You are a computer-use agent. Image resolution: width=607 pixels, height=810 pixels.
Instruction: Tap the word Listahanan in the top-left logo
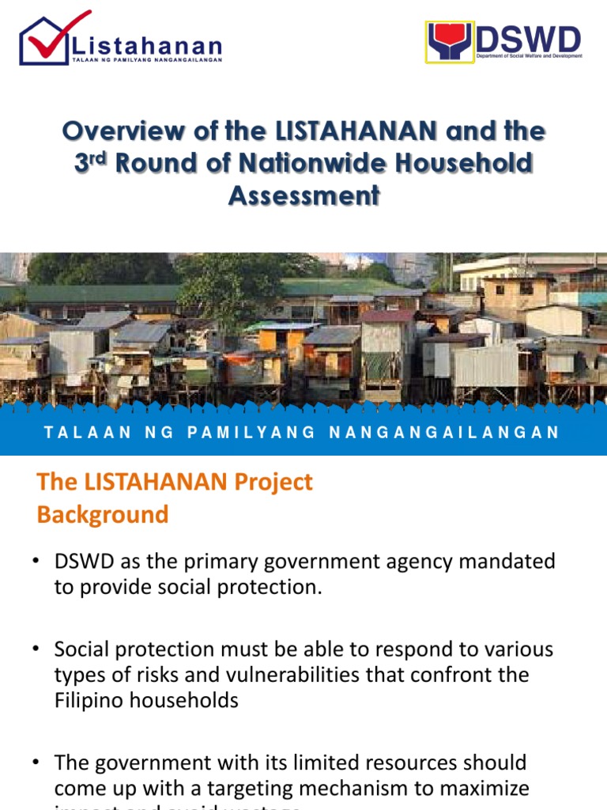click(146, 45)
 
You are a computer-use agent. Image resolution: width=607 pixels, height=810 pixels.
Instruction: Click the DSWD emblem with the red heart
click(450, 42)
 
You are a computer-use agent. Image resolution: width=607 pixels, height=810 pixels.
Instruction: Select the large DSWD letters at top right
click(530, 39)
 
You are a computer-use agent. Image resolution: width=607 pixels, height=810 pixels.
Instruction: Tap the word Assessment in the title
click(303, 195)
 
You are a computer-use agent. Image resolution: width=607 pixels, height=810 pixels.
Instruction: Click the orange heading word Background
click(103, 514)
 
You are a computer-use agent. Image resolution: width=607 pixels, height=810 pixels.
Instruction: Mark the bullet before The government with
click(36, 763)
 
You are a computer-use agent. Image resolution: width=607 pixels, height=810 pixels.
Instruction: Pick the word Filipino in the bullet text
click(86, 701)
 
